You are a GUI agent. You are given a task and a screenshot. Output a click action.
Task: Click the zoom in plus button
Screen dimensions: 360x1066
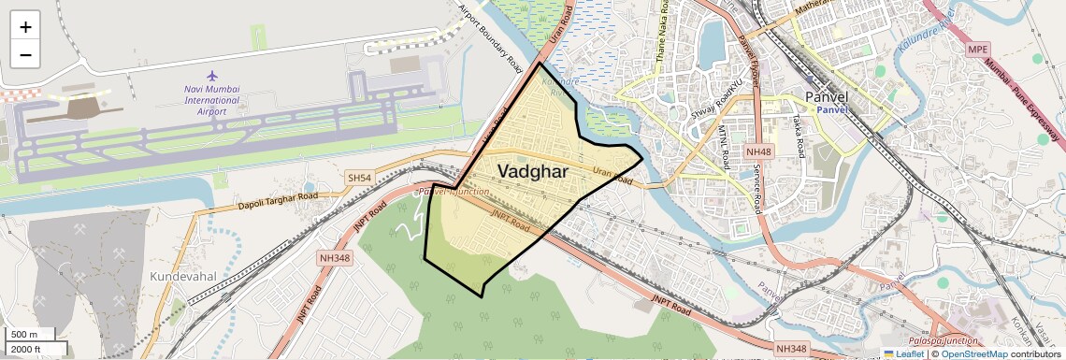pos(25,26)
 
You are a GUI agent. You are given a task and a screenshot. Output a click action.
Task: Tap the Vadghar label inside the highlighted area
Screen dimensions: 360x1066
pos(533,171)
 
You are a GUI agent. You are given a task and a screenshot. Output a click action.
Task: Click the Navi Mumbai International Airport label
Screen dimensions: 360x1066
pos(212,99)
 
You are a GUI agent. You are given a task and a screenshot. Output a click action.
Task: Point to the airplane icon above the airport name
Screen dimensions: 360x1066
pos(212,75)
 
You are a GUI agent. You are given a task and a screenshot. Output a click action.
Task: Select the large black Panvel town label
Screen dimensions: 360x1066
pos(827,96)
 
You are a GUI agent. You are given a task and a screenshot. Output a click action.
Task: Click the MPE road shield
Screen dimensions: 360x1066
pos(978,49)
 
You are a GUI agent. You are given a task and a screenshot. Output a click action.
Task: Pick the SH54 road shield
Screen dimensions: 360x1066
pos(359,178)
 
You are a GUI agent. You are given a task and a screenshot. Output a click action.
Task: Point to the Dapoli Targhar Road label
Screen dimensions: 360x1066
pos(278,198)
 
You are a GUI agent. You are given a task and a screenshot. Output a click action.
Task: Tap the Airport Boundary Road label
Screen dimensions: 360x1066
pos(491,37)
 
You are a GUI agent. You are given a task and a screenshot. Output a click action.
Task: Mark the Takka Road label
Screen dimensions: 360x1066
pos(799,136)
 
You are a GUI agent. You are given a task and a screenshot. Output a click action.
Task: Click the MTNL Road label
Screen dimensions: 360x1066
pos(724,147)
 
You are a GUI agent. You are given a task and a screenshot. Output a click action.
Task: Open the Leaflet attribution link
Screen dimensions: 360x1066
pos(902,353)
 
